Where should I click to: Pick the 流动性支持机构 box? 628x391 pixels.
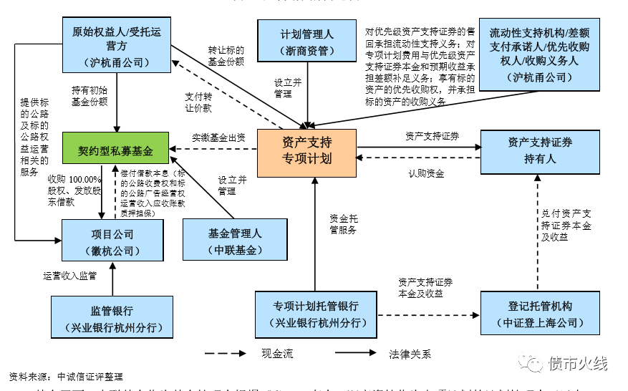(x=539, y=54)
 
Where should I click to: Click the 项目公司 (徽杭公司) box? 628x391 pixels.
(x=112, y=242)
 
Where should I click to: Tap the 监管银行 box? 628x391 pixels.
(x=112, y=319)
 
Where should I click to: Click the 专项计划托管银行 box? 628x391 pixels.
(x=316, y=314)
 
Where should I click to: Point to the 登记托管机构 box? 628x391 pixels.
(x=539, y=314)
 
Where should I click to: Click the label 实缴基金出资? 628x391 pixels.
(x=218, y=137)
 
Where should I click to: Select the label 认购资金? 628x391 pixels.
(x=426, y=173)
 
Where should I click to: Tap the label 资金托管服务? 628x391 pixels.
(x=343, y=224)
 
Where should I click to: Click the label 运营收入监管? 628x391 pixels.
(x=69, y=275)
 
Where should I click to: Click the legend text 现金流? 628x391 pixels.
(x=277, y=354)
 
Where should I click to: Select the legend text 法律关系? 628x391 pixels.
(x=410, y=354)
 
